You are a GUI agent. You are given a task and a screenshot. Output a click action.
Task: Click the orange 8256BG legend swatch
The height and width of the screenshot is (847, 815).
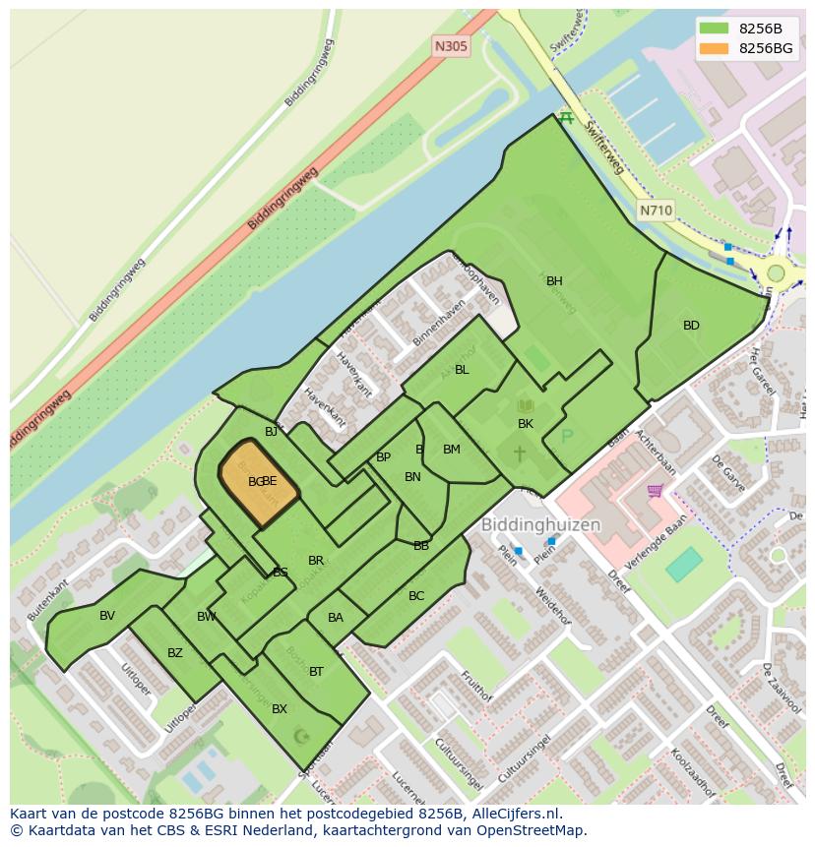pyautogui.click(x=715, y=48)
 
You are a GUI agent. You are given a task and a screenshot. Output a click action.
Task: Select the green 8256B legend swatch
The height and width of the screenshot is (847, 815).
pyautogui.click(x=715, y=29)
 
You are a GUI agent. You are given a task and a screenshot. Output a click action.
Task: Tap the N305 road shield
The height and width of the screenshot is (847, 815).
pyautogui.click(x=451, y=46)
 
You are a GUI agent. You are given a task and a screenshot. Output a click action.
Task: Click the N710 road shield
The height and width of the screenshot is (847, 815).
pyautogui.click(x=656, y=211)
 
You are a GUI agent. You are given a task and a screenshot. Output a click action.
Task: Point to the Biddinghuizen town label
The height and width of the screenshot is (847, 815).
pyautogui.click(x=540, y=525)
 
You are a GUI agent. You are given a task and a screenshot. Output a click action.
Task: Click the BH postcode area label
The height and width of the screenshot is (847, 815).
pyautogui.click(x=554, y=281)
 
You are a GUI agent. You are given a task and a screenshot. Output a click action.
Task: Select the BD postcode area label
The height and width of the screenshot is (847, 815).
pyautogui.click(x=691, y=326)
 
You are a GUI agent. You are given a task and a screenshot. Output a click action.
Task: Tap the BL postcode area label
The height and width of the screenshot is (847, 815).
pyautogui.click(x=462, y=370)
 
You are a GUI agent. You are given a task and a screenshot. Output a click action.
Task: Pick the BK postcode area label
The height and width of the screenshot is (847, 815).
pyautogui.click(x=526, y=424)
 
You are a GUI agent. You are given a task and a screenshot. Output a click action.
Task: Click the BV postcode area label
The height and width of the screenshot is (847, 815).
pyautogui.click(x=107, y=616)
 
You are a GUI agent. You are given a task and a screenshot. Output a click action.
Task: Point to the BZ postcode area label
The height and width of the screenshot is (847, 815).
pyautogui.click(x=175, y=653)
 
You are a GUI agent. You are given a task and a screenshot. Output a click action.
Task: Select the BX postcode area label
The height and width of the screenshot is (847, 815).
pyautogui.click(x=280, y=709)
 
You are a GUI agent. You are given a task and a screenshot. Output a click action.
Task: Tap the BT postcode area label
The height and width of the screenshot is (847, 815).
pyautogui.click(x=316, y=672)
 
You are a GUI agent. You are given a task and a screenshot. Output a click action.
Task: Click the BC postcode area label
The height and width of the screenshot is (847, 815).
pyautogui.click(x=416, y=596)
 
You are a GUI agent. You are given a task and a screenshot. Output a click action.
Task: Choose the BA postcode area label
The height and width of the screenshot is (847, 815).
pyautogui.click(x=336, y=618)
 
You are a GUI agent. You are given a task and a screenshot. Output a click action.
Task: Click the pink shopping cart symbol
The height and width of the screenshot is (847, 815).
pyautogui.click(x=655, y=490)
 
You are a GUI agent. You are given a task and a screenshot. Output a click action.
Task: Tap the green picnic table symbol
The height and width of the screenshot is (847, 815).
pyautogui.click(x=565, y=118)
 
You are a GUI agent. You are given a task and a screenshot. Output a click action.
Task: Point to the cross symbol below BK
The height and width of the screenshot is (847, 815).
pyautogui.click(x=519, y=454)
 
